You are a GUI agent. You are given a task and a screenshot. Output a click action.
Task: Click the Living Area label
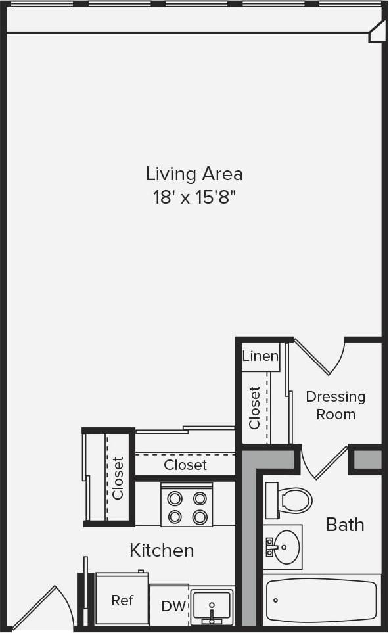194,174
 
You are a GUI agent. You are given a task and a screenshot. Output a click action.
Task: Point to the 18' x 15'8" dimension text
194,197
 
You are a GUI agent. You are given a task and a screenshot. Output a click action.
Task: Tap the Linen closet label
260,356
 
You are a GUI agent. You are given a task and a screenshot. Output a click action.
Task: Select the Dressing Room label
335,406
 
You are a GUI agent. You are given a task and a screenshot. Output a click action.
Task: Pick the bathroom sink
284,546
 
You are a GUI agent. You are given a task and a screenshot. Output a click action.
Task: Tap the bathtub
321,599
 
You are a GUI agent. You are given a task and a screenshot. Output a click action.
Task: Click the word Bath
345,525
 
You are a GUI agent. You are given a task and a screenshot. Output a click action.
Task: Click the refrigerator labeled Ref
122,600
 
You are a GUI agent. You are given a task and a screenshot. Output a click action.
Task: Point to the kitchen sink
212,605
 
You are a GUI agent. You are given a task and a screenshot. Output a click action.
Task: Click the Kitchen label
162,550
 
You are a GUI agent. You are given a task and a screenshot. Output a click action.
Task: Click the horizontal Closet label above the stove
185,465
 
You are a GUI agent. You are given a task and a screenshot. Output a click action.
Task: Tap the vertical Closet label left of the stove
118,478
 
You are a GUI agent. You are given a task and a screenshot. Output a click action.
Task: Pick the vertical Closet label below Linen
255,408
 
